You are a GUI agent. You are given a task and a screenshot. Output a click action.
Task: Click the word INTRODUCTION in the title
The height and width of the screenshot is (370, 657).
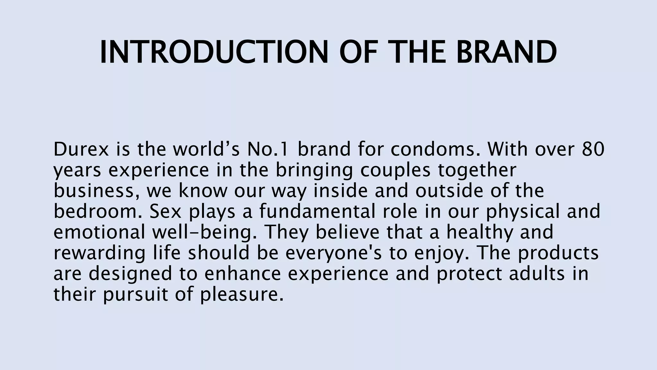pos(214,52)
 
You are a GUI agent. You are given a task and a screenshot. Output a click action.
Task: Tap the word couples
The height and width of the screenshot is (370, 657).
pos(395,170)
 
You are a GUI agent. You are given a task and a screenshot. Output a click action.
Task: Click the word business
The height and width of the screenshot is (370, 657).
pos(98,191)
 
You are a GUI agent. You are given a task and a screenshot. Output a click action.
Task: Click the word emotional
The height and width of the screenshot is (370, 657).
pos(99,232)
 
